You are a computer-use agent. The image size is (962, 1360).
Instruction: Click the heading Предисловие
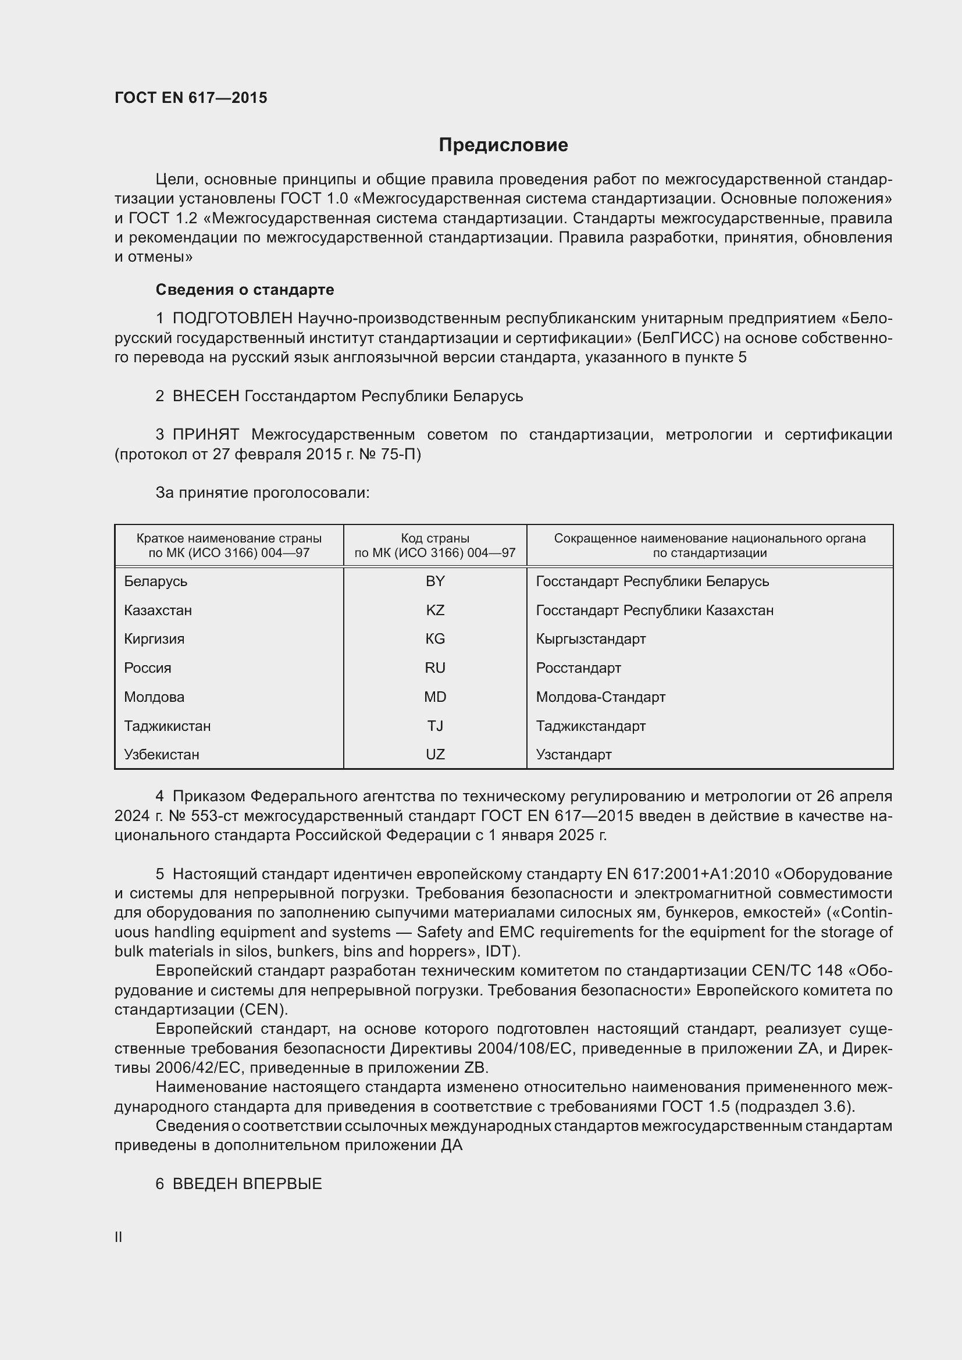503,145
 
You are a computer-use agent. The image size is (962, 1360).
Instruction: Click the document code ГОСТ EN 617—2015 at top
191,98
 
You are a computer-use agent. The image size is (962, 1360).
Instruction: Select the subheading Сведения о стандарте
245,290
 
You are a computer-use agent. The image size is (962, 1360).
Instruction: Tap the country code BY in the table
435,581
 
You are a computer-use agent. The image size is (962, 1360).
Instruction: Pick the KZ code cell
435,610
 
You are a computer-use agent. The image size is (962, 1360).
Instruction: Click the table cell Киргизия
154,639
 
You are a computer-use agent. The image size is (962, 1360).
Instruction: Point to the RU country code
435,668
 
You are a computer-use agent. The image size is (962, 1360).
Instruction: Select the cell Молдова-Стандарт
600,697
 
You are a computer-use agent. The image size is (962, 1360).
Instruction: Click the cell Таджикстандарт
590,726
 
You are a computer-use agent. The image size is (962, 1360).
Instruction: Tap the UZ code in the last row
435,755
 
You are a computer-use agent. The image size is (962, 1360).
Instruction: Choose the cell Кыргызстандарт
590,639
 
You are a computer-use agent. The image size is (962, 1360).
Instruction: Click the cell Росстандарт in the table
578,668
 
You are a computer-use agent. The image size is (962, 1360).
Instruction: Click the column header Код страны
435,538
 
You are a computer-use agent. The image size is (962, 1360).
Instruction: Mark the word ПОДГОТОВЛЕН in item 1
232,319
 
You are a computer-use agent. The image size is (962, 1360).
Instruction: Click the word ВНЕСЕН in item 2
205,397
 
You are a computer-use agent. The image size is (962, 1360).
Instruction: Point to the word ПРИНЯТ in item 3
205,435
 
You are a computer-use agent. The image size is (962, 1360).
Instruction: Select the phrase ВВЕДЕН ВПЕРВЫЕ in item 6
247,1184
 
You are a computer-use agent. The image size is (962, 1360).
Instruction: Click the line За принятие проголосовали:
262,493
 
